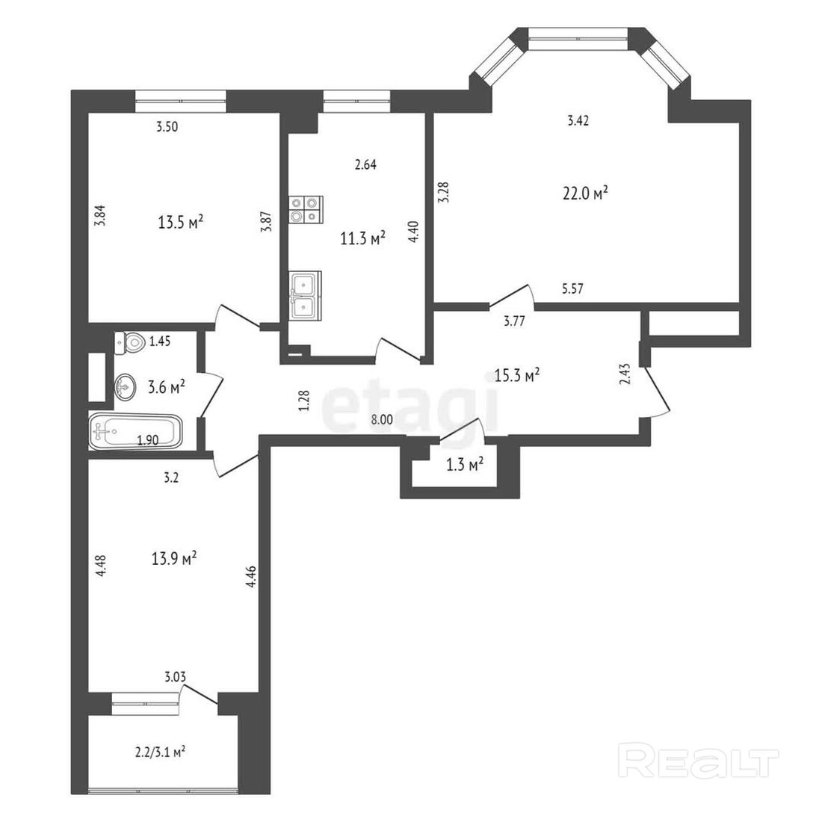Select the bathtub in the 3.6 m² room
tap(136, 432)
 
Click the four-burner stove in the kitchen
tap(306, 210)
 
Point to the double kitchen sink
tap(305, 296)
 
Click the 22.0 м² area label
tap(585, 193)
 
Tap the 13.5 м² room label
tap(180, 222)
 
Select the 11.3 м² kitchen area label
tap(362, 239)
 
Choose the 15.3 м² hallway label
tap(517, 375)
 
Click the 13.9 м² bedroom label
tap(174, 557)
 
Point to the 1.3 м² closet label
tap(465, 464)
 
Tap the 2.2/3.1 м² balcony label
tap(160, 753)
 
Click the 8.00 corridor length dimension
tap(382, 419)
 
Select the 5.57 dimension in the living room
tap(572, 288)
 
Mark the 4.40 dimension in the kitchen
tap(414, 232)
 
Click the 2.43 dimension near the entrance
tap(625, 374)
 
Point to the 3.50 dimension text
tap(167, 126)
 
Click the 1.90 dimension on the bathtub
tap(148, 440)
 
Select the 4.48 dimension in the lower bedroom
tap(101, 566)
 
